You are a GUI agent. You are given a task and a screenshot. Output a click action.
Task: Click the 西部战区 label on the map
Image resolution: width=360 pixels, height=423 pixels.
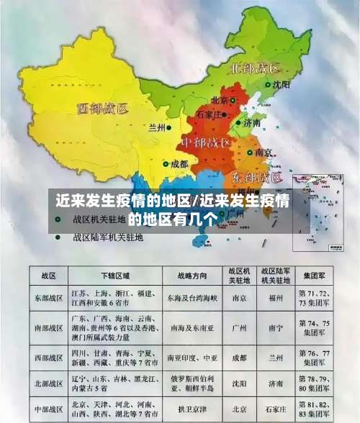click(102, 109)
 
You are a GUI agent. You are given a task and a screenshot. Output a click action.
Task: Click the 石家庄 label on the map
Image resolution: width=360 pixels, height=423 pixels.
click(214, 114)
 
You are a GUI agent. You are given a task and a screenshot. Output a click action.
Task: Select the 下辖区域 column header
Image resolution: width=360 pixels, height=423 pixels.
click(114, 276)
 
